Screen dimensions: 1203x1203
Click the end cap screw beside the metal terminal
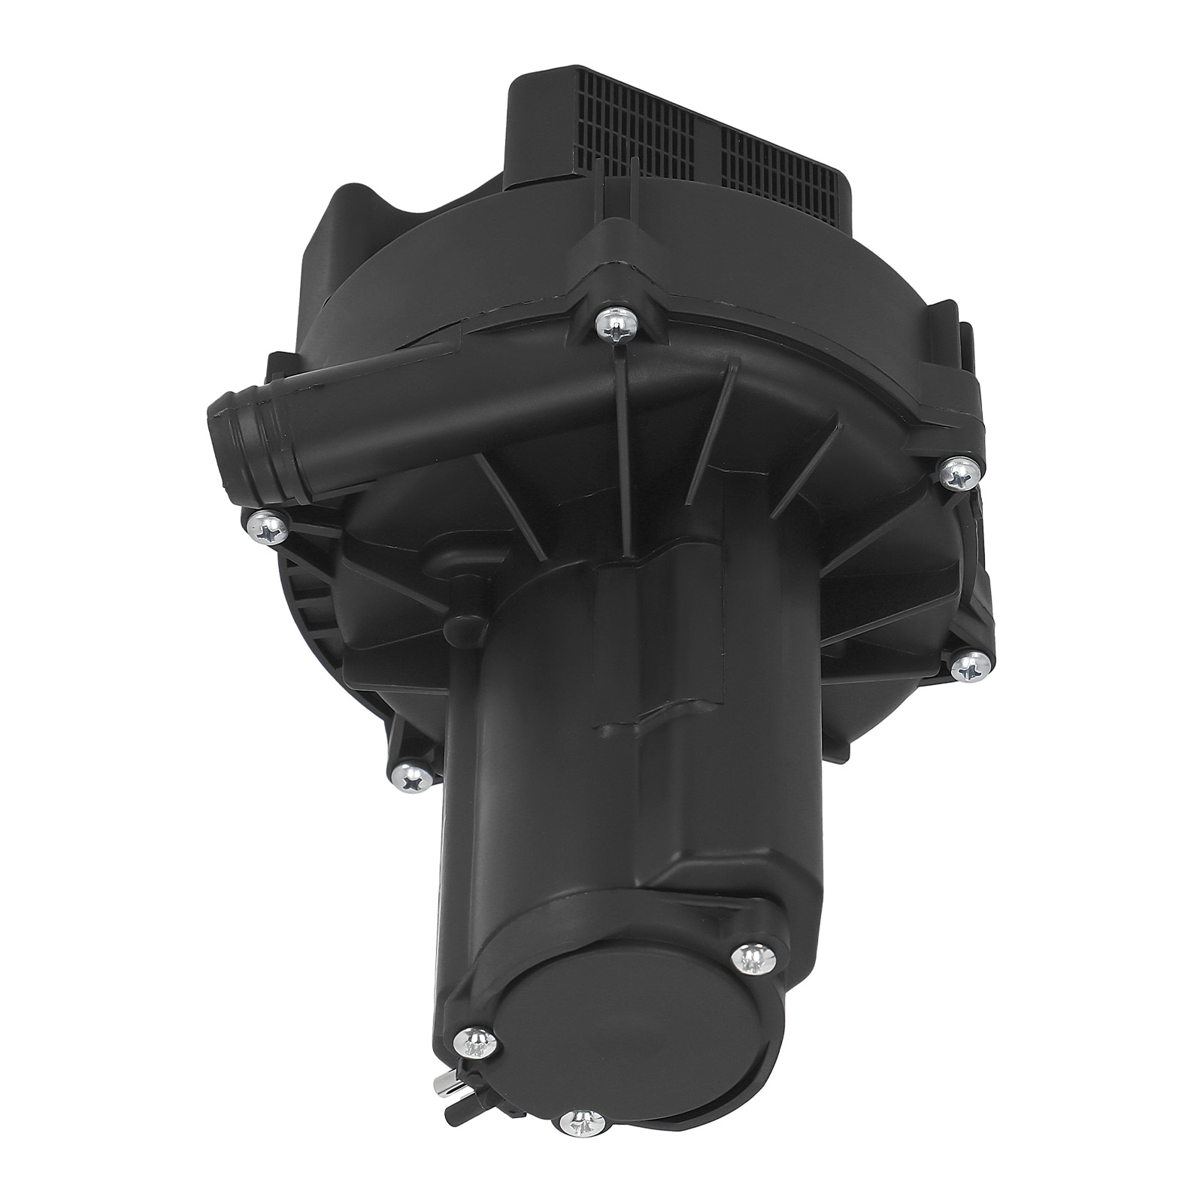click(x=474, y=1041)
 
